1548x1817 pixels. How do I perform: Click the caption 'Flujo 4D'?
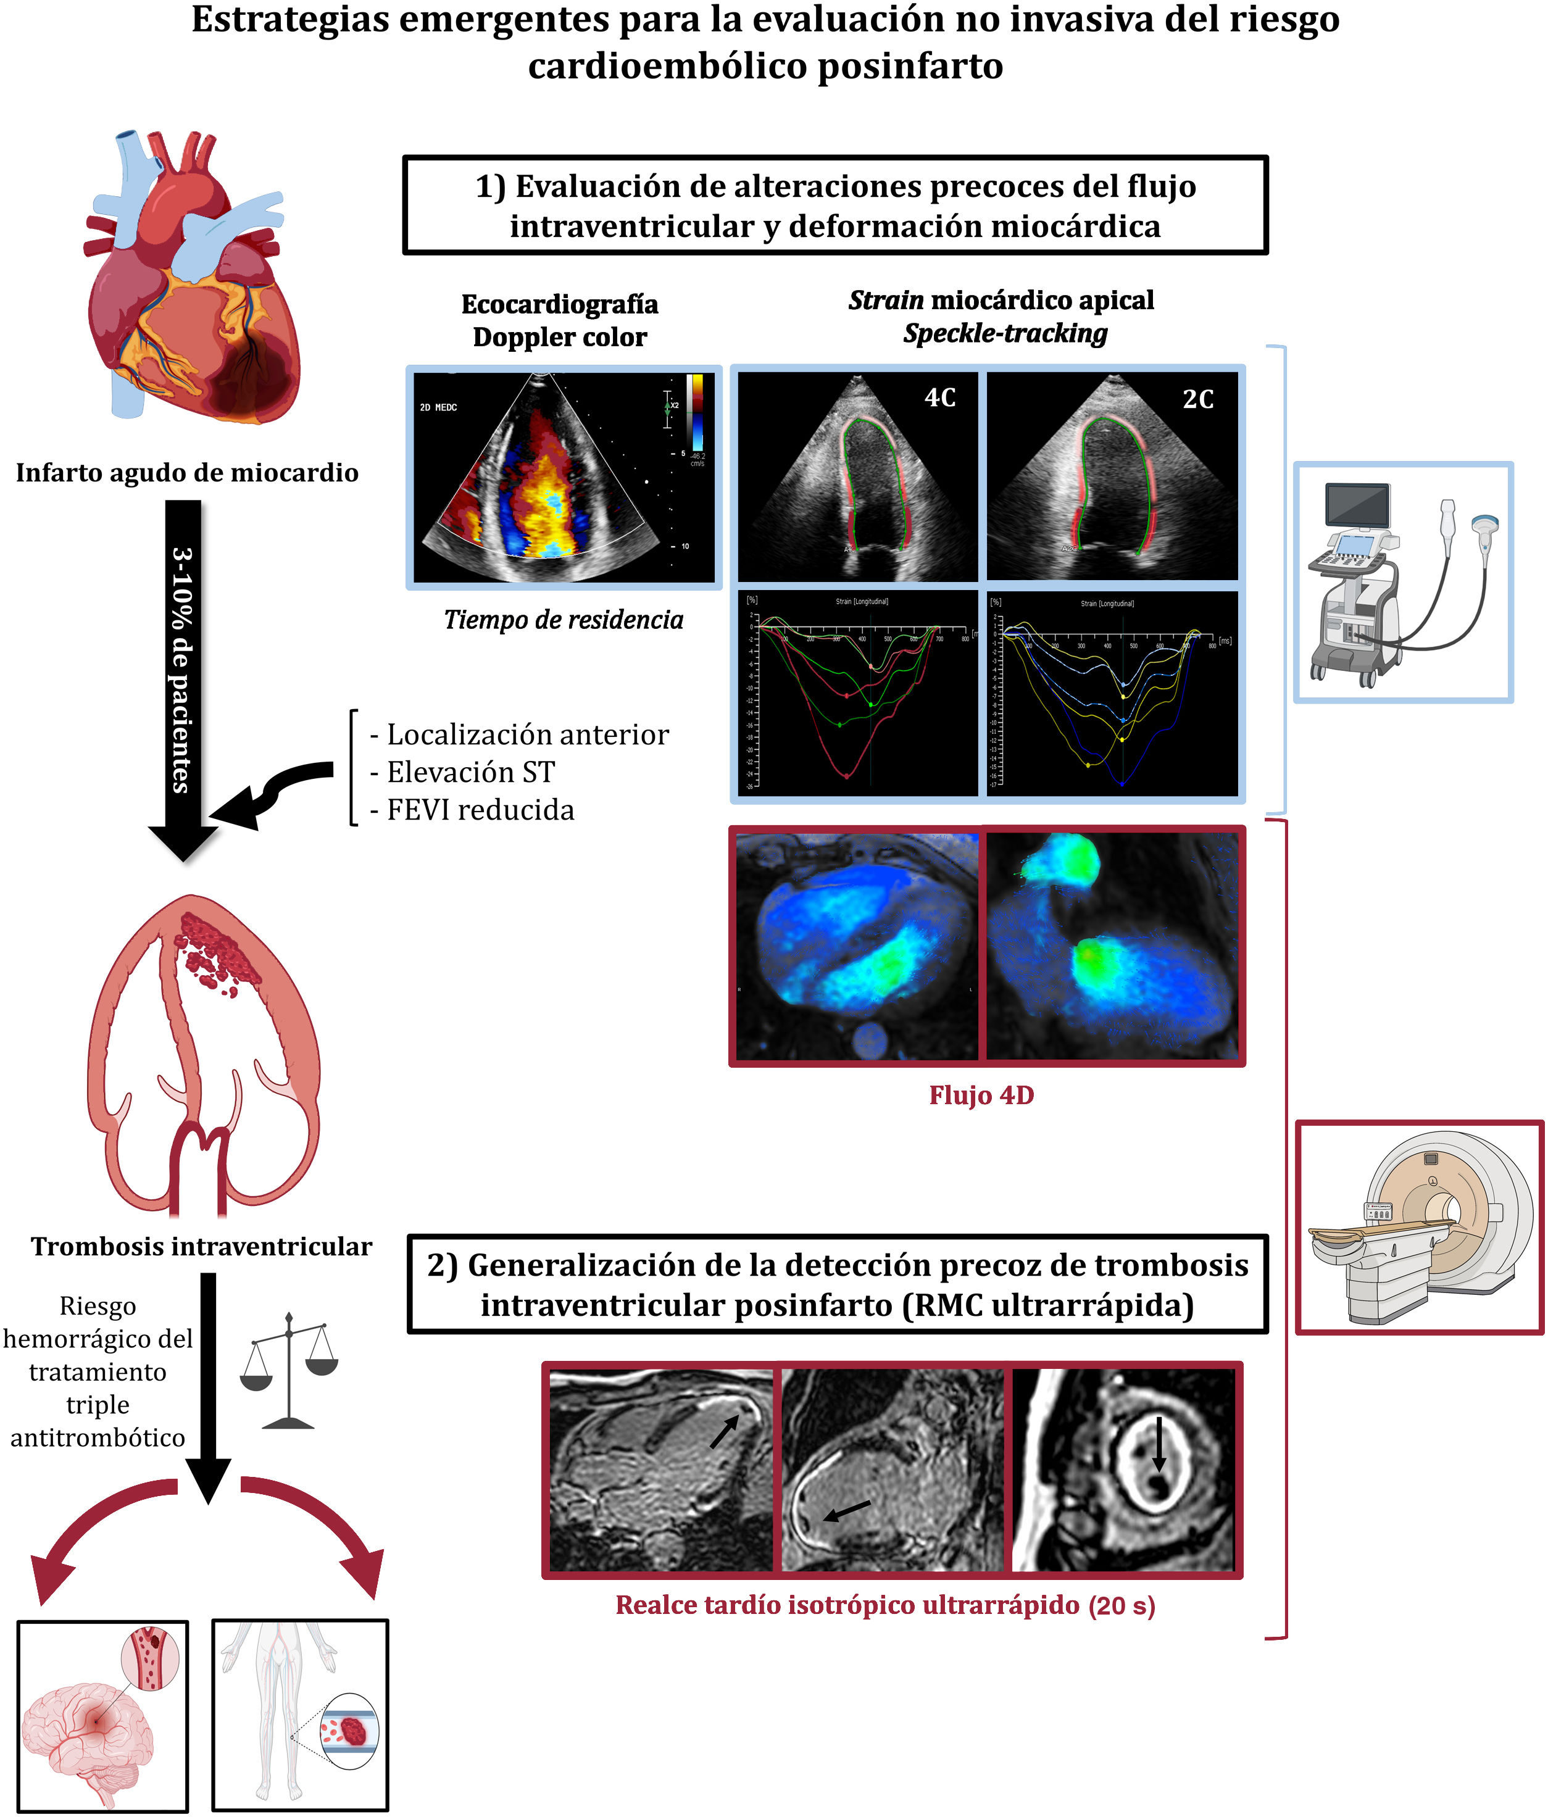point(981,1096)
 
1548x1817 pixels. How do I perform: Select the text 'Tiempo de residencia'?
point(563,620)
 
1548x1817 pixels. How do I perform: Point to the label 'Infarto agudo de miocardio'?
point(187,473)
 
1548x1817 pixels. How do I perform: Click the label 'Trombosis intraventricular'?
point(201,1246)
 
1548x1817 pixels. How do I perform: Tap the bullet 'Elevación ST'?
point(471,771)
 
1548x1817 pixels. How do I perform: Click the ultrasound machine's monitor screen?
point(1358,506)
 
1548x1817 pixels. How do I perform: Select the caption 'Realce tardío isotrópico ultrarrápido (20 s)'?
point(885,1605)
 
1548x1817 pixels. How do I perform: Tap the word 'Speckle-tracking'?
point(1005,333)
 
